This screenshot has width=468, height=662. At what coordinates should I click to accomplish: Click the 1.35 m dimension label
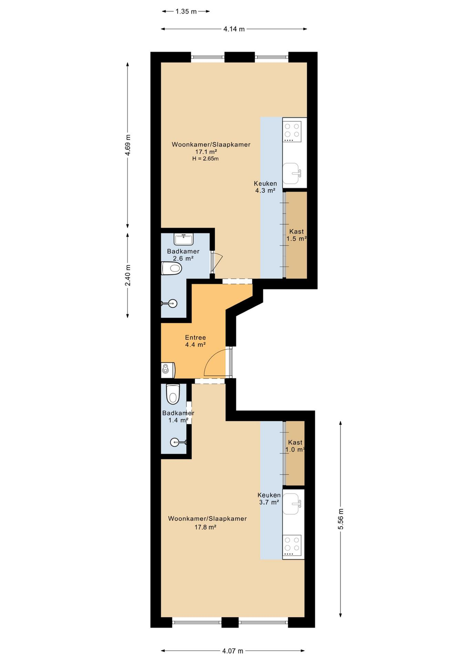tap(186, 12)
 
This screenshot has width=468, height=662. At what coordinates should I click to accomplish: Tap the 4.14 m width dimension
tap(234, 29)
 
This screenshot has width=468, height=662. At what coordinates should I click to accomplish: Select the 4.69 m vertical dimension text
tap(128, 145)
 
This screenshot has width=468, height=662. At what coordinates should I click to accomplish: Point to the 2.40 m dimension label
tap(128, 275)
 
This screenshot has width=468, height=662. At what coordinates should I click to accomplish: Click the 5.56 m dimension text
tap(340, 519)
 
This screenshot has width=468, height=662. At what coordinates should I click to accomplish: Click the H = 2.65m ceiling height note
tap(206, 159)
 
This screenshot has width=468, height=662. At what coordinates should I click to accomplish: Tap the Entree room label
tap(195, 337)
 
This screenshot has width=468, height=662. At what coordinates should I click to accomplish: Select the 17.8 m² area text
tap(206, 527)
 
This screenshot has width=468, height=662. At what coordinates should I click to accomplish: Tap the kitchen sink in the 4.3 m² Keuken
tap(292, 173)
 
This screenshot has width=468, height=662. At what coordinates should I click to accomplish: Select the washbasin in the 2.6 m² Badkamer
tap(183, 239)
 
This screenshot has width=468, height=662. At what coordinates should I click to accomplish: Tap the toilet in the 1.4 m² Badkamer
tap(172, 394)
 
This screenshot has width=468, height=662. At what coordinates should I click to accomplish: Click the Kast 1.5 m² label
tap(296, 235)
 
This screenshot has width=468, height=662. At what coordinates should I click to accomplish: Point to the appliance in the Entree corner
tap(168, 371)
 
